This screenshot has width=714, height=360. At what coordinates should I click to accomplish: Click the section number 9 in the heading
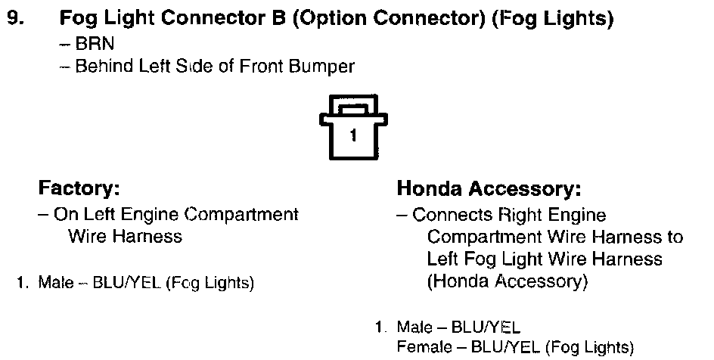coord(14,18)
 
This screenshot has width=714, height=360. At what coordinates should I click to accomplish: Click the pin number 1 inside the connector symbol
coord(353,137)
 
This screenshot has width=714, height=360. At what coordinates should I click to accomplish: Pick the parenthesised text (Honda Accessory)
coord(506,282)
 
